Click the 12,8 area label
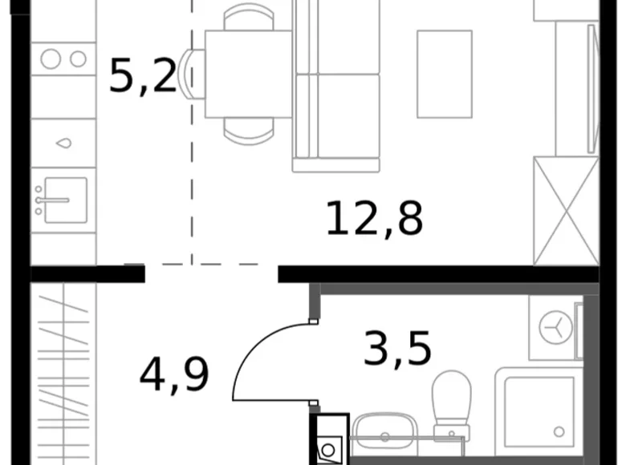click(374, 220)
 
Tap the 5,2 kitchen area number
click(142, 77)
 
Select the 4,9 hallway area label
click(174, 374)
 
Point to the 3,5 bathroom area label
click(397, 350)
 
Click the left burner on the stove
click(51, 59)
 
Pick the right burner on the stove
click(78, 59)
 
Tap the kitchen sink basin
click(64, 200)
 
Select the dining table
click(248, 75)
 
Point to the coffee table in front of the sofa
click(444, 74)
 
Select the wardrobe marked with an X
click(566, 211)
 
